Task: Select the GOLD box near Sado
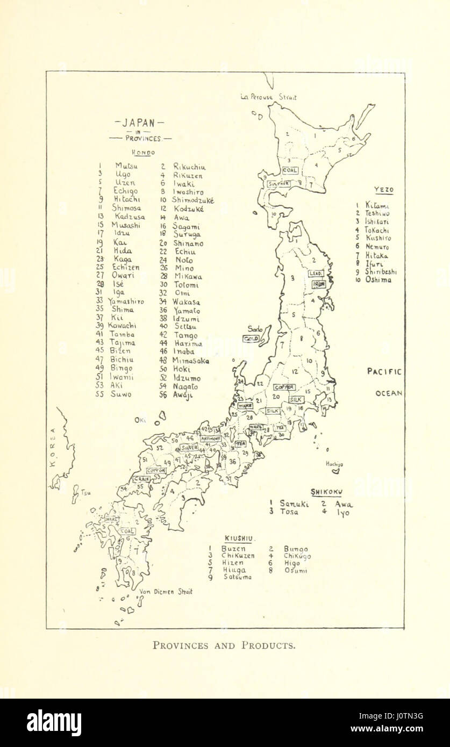251,339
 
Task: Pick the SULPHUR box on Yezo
279,183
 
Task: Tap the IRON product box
319,284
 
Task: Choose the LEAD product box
315,273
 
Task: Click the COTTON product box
156,470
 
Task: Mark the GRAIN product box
141,478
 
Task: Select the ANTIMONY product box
211,439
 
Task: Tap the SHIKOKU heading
327,492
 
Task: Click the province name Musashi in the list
126,225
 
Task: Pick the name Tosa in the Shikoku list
289,512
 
